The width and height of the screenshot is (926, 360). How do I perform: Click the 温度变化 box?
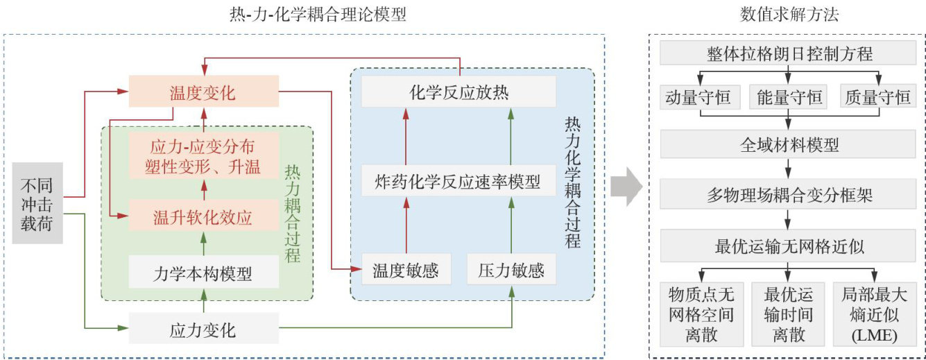coord(203,92)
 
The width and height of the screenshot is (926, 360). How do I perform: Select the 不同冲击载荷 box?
coord(37,203)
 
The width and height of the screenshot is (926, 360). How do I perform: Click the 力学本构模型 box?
coord(203,273)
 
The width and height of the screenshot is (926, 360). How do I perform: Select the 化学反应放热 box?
coord(458,92)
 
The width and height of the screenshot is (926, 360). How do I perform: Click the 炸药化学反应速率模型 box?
coord(458,182)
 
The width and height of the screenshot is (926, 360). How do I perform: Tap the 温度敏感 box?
coord(406,270)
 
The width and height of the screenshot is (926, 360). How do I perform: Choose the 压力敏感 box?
coord(511,270)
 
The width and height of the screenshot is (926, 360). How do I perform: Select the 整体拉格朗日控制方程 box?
coord(788,53)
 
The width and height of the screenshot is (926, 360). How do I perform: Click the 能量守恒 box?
coord(788,97)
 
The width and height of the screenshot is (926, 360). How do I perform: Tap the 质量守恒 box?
coord(877,97)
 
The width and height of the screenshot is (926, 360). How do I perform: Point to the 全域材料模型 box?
coord(788,145)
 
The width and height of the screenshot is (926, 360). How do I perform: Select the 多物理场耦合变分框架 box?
coord(788,196)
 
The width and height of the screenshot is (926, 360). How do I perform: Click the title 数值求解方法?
coord(788,14)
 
